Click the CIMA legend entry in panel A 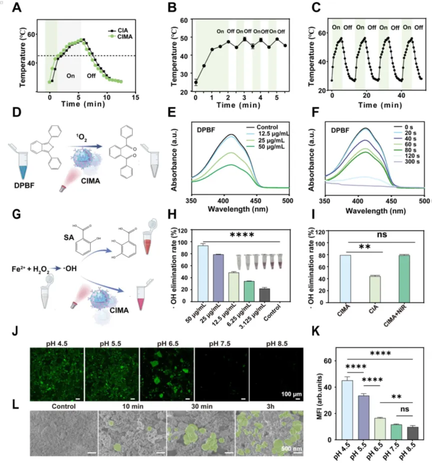[120, 36]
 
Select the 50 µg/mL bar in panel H [203, 273]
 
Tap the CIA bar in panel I [375, 289]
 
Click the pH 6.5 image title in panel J [167, 344]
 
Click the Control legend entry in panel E [262, 127]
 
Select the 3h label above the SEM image [270, 406]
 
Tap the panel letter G [16, 214]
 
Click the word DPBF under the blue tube [24, 186]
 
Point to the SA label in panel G [69, 237]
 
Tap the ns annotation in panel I [382, 234]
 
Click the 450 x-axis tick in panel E [256, 201]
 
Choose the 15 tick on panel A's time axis [135, 97]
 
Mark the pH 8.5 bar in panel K [413, 433]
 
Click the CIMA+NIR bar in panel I [404, 279]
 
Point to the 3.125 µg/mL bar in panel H [265, 295]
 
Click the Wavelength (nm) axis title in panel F [376, 211]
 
